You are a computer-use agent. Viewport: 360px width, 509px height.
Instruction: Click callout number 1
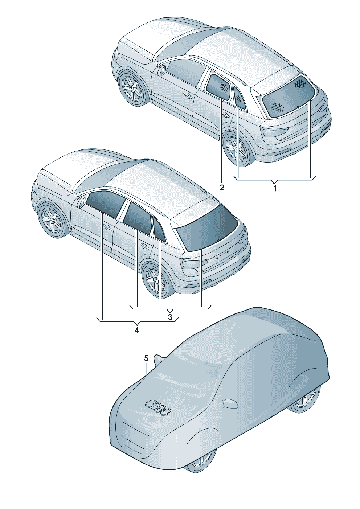pos(275,189)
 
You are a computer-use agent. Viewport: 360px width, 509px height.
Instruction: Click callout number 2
pos(222,188)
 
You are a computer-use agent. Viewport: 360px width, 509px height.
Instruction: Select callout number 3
pos(170,317)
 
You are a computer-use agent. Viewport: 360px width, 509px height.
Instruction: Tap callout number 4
pos(136,330)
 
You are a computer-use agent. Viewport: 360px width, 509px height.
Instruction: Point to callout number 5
pos(146,358)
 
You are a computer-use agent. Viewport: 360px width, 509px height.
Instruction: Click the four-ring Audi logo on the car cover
pos(158,407)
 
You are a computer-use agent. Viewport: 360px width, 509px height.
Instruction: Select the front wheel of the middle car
pos(52,220)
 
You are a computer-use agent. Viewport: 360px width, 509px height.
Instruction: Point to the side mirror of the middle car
pos(81,201)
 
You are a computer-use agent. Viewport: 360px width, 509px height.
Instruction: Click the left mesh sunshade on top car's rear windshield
pos(277,106)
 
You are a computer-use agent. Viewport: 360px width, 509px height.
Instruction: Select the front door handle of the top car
pos(187,96)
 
